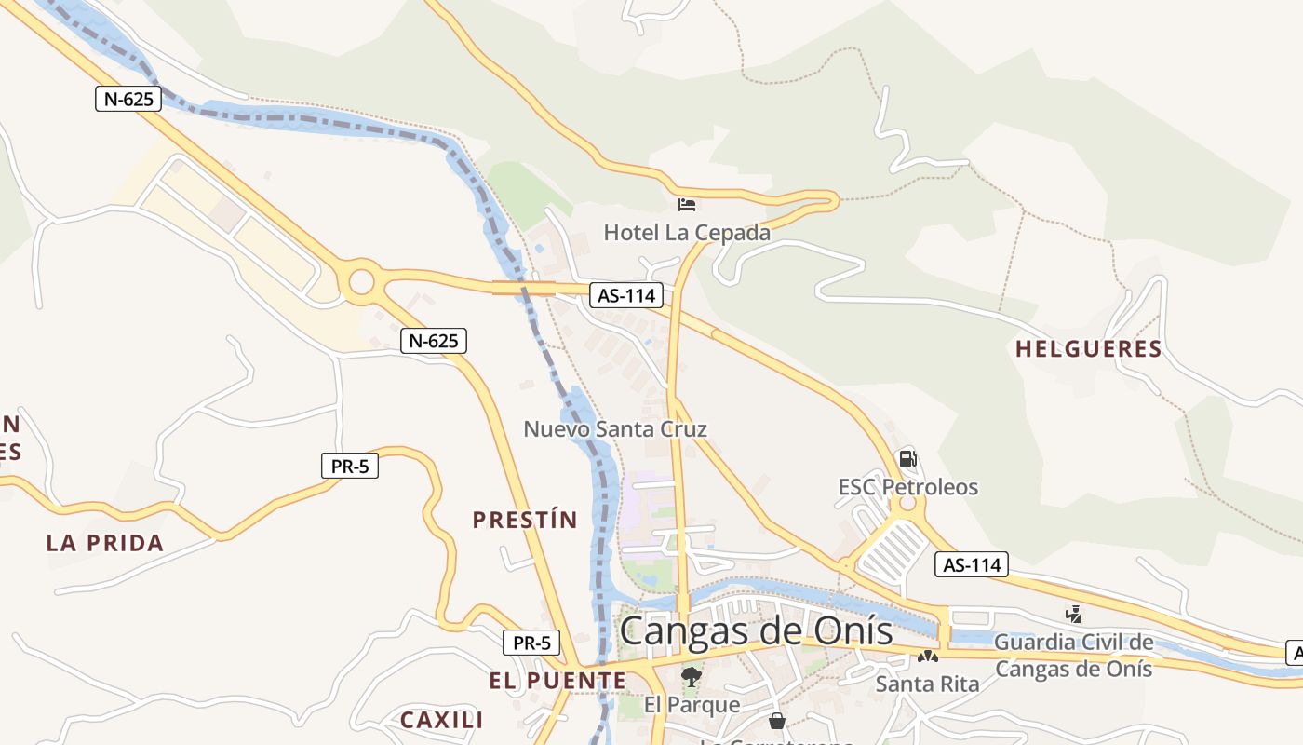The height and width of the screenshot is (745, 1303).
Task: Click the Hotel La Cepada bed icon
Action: (687, 205)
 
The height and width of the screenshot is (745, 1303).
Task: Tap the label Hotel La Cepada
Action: (687, 233)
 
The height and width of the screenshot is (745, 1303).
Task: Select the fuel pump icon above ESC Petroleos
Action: (907, 458)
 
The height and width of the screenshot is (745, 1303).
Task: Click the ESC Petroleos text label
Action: (907, 487)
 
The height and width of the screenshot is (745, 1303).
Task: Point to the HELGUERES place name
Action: (1088, 349)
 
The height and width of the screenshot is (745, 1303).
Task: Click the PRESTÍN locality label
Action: (525, 520)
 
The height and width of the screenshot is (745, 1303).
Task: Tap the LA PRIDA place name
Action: (105, 543)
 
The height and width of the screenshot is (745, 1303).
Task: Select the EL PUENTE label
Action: (557, 681)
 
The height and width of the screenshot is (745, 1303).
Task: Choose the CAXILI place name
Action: (441, 720)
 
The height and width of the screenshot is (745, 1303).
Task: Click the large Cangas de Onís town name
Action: (756, 631)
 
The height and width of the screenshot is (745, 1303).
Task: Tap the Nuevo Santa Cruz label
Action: (615, 429)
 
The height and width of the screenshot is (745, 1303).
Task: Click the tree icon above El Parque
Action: (691, 677)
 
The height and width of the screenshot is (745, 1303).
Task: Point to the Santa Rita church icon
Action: (927, 657)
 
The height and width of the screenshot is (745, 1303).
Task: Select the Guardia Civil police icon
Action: (1073, 615)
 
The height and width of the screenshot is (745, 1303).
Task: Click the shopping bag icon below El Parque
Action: (777, 721)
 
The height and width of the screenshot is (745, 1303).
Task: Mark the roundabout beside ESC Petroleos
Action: (906, 507)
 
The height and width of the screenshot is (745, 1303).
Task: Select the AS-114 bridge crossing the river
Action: (524, 288)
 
